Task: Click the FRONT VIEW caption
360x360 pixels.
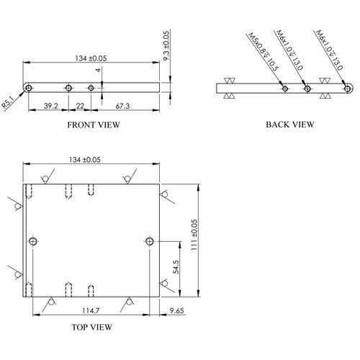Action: click(94, 125)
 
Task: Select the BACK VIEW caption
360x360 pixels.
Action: click(290, 125)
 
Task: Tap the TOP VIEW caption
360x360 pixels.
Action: click(91, 327)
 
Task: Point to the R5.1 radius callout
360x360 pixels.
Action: click(8, 102)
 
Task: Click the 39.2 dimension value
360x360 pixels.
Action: click(51, 106)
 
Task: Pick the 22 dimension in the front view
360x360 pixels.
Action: click(80, 106)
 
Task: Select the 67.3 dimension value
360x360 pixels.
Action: click(122, 106)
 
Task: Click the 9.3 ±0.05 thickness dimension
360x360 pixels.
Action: click(166, 46)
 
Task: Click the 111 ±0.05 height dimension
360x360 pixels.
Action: click(194, 235)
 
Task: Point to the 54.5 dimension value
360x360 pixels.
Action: click(176, 267)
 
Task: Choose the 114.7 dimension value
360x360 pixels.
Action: click(91, 310)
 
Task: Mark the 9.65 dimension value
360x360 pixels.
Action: click(177, 310)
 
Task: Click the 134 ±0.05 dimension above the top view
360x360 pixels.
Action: click(85, 160)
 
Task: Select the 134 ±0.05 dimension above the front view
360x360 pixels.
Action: click(91, 58)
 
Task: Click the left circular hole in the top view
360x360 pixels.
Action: click(33, 241)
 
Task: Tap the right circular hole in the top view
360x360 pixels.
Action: click(150, 241)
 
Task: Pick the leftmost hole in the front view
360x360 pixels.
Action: click(29, 88)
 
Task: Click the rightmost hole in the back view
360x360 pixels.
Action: click(347, 89)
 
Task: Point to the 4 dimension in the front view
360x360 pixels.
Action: click(98, 70)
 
